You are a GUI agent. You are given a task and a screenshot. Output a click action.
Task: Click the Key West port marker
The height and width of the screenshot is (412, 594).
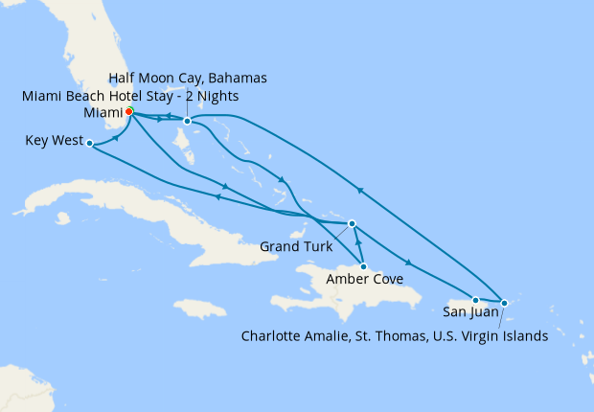89,144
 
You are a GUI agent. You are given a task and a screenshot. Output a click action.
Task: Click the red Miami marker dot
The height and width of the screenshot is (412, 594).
129,111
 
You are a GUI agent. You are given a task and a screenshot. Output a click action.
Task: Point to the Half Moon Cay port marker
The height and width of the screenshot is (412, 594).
188,122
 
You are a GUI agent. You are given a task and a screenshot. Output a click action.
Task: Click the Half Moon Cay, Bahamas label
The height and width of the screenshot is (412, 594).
188,78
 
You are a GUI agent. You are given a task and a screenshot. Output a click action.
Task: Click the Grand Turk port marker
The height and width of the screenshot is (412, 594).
353,223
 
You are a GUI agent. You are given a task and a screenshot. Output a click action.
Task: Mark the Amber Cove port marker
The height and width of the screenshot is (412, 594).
363,265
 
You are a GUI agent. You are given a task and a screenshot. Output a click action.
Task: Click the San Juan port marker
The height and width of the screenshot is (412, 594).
475,301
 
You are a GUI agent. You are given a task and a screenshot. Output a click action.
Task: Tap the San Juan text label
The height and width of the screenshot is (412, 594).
470,311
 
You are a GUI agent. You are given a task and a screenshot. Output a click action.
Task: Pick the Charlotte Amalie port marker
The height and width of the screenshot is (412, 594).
505,304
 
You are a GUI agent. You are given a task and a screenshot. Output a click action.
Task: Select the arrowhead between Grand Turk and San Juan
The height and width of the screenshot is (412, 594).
410,262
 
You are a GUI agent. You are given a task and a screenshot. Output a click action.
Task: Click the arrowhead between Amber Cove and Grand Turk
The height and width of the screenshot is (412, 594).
358,245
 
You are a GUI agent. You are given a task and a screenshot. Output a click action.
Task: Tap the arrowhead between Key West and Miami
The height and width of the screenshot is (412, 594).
116,137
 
